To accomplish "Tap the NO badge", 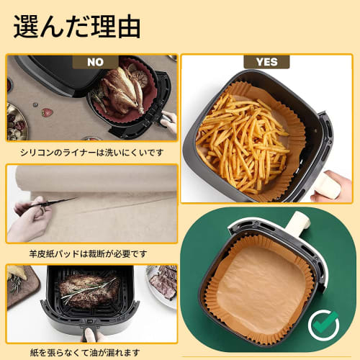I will (94, 62).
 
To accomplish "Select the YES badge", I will (266, 62).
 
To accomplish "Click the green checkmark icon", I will (323, 325).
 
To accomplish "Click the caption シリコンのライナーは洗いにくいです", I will (86, 152).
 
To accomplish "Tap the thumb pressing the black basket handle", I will (90, 334).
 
